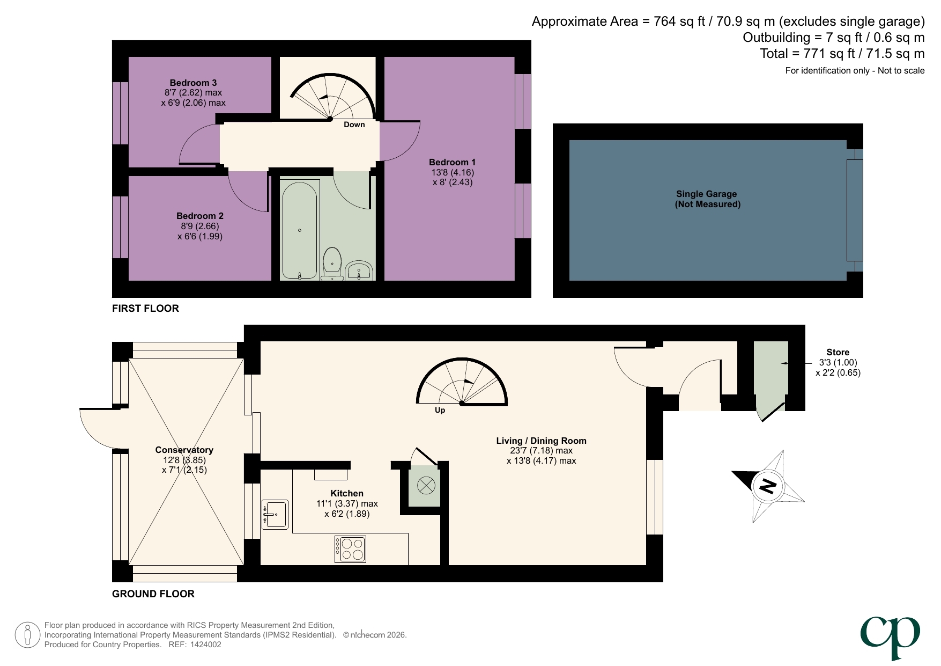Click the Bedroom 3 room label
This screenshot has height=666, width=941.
(193, 83)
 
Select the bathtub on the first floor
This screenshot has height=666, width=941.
(299, 230)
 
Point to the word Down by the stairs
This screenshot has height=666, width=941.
(354, 125)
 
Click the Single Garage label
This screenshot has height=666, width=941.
(706, 194)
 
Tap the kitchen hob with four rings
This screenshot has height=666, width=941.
(350, 549)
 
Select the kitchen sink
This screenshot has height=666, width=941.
(275, 515)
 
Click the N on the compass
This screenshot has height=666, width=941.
(768, 486)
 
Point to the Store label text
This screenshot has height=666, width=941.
(838, 353)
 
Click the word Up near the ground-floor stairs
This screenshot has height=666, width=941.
(440, 410)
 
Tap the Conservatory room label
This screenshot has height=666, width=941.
(184, 450)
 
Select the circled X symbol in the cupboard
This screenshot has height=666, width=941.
(426, 486)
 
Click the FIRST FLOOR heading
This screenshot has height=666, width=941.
(145, 309)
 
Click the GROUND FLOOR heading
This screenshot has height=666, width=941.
(153, 594)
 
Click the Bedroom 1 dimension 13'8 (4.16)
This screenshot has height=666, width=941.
(453, 172)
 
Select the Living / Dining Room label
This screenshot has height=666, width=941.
(541, 441)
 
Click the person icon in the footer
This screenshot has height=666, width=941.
(27, 635)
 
